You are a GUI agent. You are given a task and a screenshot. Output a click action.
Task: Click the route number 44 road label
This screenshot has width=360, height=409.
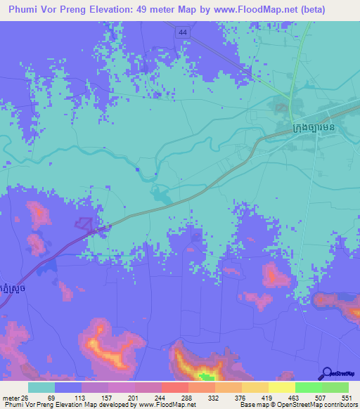(183, 32)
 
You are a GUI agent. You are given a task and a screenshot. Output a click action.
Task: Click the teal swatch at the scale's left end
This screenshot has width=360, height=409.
(41, 388)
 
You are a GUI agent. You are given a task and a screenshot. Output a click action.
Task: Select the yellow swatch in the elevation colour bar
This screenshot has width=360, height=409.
(282, 388)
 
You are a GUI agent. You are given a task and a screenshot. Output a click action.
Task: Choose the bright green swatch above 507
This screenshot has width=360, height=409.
(309, 388)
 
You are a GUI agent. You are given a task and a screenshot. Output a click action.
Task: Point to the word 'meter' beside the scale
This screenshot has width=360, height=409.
(9, 398)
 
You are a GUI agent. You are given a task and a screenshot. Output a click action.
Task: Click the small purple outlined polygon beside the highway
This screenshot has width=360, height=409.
(84, 223)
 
